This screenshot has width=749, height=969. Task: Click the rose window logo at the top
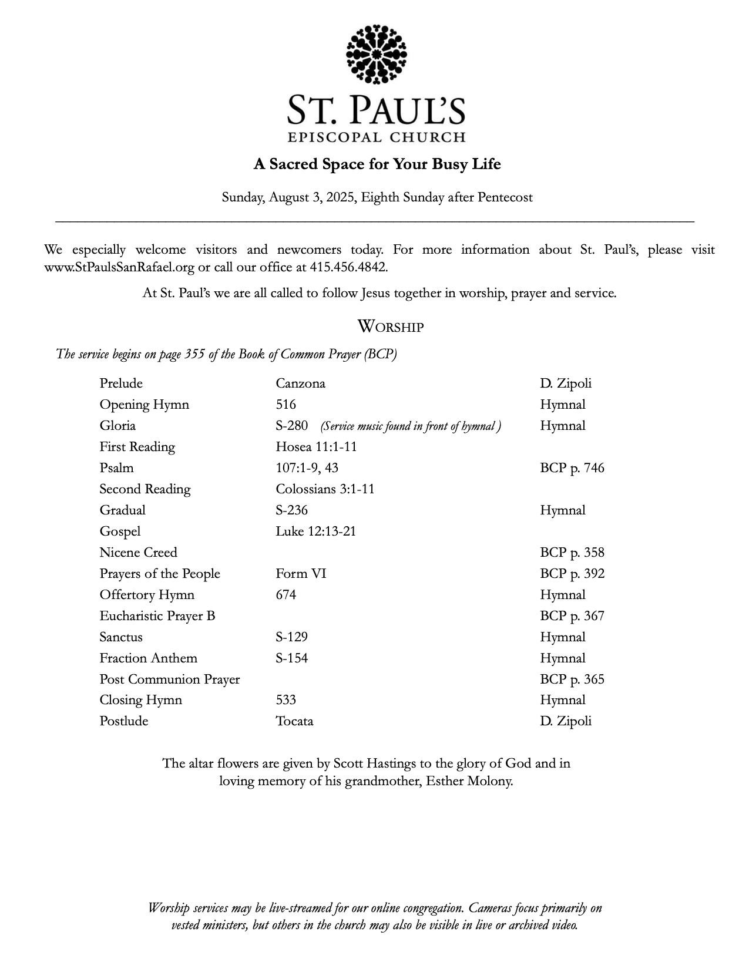[377, 54]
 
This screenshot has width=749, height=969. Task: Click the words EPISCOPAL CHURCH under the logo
[377, 138]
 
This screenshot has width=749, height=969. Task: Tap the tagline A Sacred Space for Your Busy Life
[377, 164]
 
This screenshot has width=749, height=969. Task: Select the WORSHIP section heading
[390, 327]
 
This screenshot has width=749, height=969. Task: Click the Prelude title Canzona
[300, 383]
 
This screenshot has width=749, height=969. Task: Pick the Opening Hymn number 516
[286, 405]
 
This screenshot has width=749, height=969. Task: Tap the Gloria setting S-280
[292, 426]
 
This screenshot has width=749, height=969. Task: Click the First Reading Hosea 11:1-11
[316, 447]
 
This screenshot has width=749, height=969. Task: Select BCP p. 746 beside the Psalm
[572, 468]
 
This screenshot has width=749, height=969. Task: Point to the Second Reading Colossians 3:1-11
[325, 489]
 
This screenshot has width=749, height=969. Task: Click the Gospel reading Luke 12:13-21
[315, 531]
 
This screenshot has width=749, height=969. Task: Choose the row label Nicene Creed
[138, 553]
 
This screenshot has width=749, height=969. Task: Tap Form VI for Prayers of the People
[301, 574]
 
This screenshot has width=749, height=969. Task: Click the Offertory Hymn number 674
[286, 595]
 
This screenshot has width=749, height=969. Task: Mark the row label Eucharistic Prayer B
[157, 616]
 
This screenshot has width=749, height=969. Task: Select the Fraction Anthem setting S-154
[292, 658]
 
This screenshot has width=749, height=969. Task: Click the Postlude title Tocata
[294, 721]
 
